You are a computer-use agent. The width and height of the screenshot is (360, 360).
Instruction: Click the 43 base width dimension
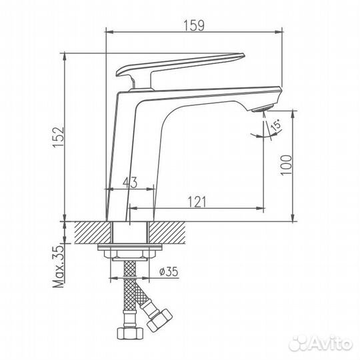[131, 181]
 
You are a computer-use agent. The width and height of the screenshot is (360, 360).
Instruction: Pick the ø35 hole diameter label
[169, 271]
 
